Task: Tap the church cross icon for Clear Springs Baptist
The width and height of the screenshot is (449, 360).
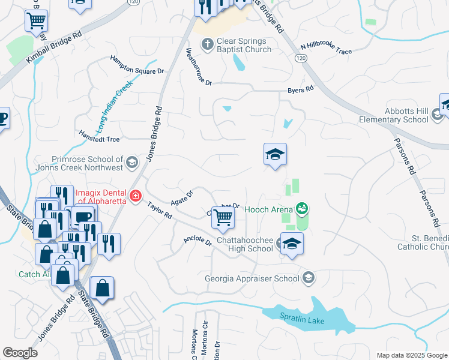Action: pyautogui.click(x=207, y=44)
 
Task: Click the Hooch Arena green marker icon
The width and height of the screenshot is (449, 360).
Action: pyautogui.click(x=302, y=209)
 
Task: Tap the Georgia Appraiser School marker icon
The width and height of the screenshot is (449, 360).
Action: pyautogui.click(x=309, y=277)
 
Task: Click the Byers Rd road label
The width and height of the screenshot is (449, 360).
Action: pyautogui.click(x=301, y=90)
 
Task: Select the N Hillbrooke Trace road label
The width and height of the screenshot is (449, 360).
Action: pyautogui.click(x=327, y=48)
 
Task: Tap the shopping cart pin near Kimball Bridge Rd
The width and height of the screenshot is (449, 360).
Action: pyautogui.click(x=36, y=21)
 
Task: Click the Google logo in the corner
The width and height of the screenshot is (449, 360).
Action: pyautogui.click(x=20, y=353)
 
